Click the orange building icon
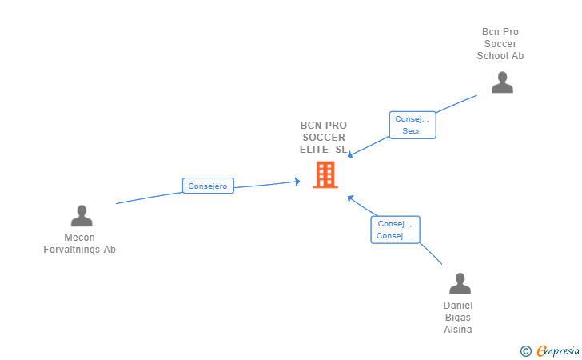tap(325, 174)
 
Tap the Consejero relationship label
tap(208, 186)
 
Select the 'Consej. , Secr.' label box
tap(413, 125)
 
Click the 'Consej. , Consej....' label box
tap(395, 230)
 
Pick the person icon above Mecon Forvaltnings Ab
tap(82, 216)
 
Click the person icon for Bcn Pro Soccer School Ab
tap(502, 82)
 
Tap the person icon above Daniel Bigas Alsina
tap(460, 283)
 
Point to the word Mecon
tap(79, 237)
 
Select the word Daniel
tap(458, 306)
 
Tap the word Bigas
tap(458, 318)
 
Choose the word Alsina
tap(458, 330)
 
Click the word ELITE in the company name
tap(314, 150)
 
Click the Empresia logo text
tap(558, 350)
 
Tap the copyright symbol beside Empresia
tap(526, 351)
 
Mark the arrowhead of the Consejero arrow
tap(297, 182)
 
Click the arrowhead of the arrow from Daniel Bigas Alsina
tap(350, 198)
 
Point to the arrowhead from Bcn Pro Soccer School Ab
tap(350, 154)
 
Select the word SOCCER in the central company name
tap(324, 138)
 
